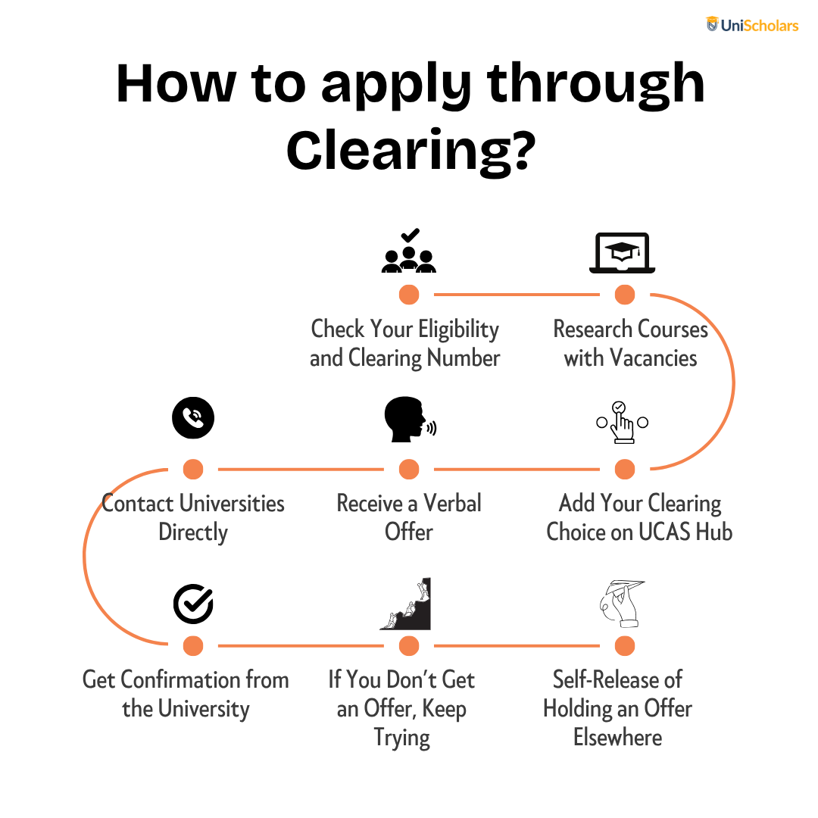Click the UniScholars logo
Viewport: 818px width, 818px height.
(752, 24)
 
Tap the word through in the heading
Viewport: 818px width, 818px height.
(596, 83)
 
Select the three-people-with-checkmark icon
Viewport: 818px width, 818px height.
(409, 251)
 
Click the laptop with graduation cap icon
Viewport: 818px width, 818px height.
(623, 253)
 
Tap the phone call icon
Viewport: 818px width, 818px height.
(193, 418)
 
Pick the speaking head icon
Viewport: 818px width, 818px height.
(410, 420)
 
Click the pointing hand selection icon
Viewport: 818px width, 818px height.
(623, 423)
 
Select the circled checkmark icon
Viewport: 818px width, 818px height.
(194, 604)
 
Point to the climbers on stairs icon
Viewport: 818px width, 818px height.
(405, 604)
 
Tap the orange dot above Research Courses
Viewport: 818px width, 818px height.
(624, 294)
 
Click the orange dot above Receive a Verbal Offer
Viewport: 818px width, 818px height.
(409, 469)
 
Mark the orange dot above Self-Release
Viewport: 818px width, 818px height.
(624, 646)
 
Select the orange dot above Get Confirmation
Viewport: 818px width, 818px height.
(193, 646)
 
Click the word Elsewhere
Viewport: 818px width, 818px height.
(618, 737)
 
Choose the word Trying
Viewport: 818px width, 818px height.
(402, 738)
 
